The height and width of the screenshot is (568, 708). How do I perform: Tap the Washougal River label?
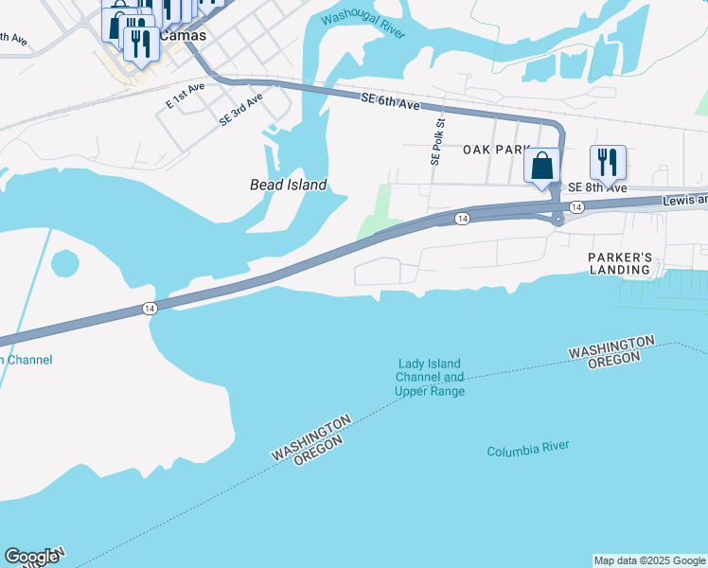363,26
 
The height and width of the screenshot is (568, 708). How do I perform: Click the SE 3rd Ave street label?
240,111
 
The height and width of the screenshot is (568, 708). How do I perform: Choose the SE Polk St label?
436,143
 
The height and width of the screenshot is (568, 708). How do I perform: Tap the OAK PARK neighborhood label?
494,150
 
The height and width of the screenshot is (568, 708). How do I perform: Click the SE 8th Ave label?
597,188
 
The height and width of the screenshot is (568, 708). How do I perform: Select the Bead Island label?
288,186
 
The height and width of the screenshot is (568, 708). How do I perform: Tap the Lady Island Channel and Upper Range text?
430,378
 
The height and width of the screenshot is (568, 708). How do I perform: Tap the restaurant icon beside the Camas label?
141,43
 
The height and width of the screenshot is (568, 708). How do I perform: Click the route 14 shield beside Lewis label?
575,206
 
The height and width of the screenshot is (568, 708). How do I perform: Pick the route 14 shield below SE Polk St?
461,219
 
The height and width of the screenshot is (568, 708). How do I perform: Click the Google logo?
31,557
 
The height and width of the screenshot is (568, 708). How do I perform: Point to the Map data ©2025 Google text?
650,560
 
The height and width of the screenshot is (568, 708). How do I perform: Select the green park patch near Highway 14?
380,214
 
